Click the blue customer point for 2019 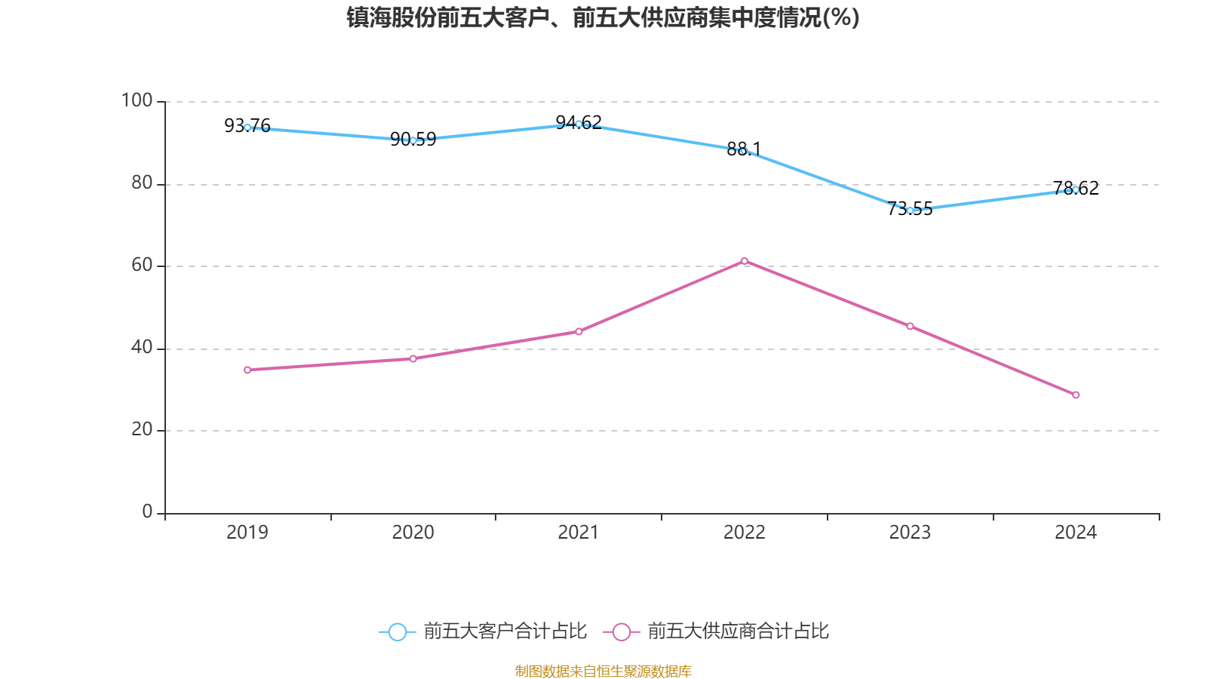point(247,128)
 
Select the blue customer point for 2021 point(579,124)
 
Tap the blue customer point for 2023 point(910,210)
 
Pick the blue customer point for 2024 point(1076,189)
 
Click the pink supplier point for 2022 point(745,261)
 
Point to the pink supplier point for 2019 point(247,370)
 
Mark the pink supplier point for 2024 point(1076,395)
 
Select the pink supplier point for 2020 point(413,358)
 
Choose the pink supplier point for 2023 point(910,326)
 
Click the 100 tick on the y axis point(137,100)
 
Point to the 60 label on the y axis point(142,265)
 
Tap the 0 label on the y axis point(147,512)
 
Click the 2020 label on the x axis point(413,533)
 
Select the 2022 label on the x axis point(745,533)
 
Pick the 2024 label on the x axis point(1076,533)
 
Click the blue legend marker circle point(397,631)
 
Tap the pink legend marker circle point(621,631)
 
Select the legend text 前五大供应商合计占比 point(738,631)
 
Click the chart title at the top point(603,17)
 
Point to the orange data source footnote point(603,671)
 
